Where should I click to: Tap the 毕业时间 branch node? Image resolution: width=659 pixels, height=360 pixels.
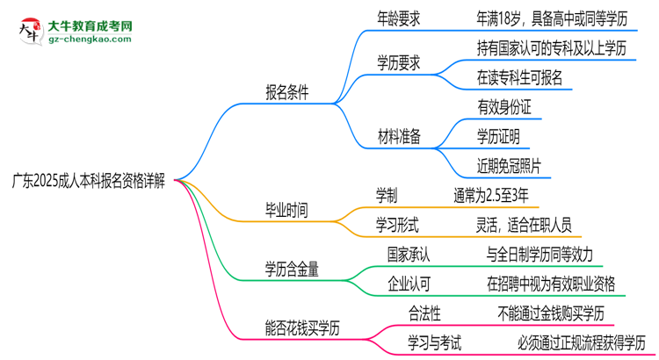[x=287, y=212]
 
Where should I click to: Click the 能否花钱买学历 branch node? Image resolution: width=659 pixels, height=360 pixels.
[x=302, y=327]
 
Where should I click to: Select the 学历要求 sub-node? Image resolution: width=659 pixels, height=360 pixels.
[x=399, y=62]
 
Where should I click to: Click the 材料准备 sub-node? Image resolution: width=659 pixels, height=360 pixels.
[x=399, y=136]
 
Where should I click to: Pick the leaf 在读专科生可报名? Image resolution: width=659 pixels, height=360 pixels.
[x=520, y=78]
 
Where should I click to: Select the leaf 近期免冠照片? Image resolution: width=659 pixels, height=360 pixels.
[x=510, y=164]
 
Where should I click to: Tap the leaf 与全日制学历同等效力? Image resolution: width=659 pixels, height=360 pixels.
[x=540, y=255]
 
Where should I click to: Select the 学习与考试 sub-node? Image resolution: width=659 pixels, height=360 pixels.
[x=434, y=341]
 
